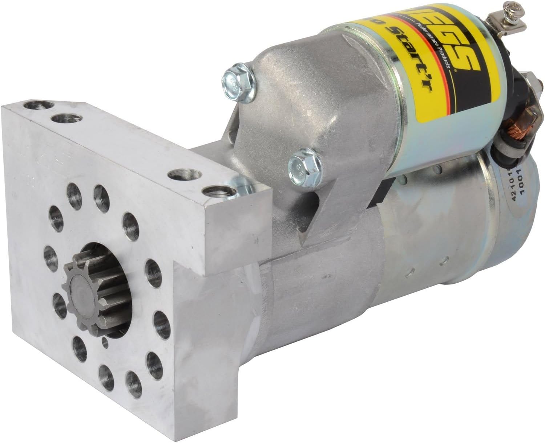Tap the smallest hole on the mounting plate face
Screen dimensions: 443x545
tap(105, 340)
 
